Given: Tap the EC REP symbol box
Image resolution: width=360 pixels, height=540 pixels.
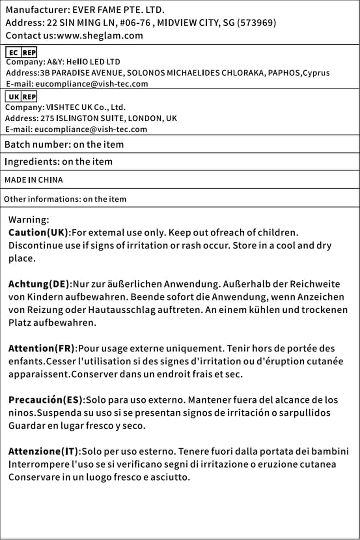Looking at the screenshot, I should [x=22, y=52].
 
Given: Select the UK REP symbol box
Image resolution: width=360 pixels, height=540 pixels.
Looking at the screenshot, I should [x=22, y=96].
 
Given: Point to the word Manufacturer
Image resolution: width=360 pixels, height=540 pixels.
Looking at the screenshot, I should [x=32, y=9].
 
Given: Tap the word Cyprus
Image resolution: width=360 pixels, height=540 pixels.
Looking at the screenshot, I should [x=316, y=73].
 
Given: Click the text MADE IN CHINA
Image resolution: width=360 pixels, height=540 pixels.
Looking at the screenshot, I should [x=34, y=180].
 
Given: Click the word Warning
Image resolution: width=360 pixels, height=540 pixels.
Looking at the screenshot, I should [x=28, y=220].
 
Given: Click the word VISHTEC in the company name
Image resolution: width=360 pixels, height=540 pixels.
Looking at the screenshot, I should [x=57, y=108].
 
